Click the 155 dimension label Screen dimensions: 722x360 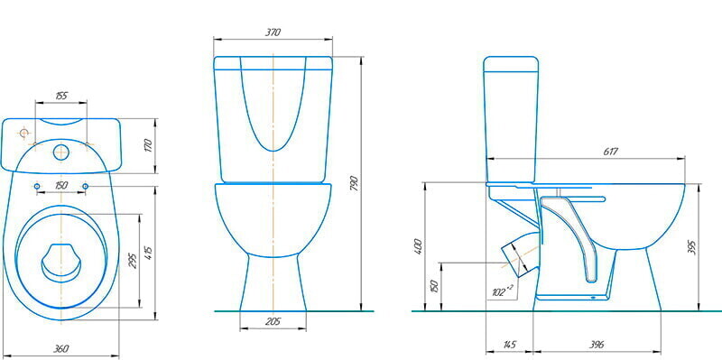[x=61, y=96]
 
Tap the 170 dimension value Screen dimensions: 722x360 [x=148, y=146]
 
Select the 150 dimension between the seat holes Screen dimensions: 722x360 [x=61, y=185]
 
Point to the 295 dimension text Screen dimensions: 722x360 [x=133, y=261]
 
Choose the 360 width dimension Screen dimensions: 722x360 [x=60, y=348]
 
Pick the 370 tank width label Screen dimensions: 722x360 [x=273, y=32]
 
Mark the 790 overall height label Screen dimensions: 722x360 [x=354, y=183]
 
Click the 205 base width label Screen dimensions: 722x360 [x=273, y=321]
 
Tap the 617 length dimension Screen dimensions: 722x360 [x=610, y=152]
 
